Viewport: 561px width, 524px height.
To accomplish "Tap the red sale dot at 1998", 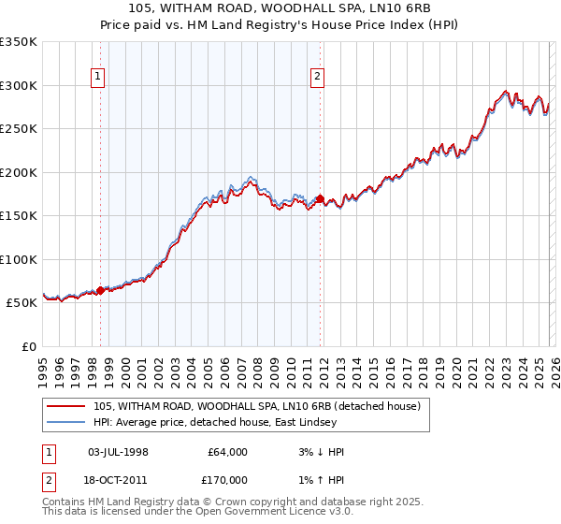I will pos(100,291).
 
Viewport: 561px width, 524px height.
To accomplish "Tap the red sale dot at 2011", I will pos(320,199).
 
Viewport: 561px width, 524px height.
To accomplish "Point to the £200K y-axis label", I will pos(19,172).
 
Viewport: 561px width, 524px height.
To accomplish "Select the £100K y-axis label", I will pos(19,259).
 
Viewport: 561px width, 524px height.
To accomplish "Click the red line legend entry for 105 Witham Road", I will pos(257,406).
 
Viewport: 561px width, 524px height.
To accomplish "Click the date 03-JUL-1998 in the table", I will pos(117,452).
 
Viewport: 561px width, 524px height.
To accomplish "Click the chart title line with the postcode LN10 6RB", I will pos(280,7).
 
